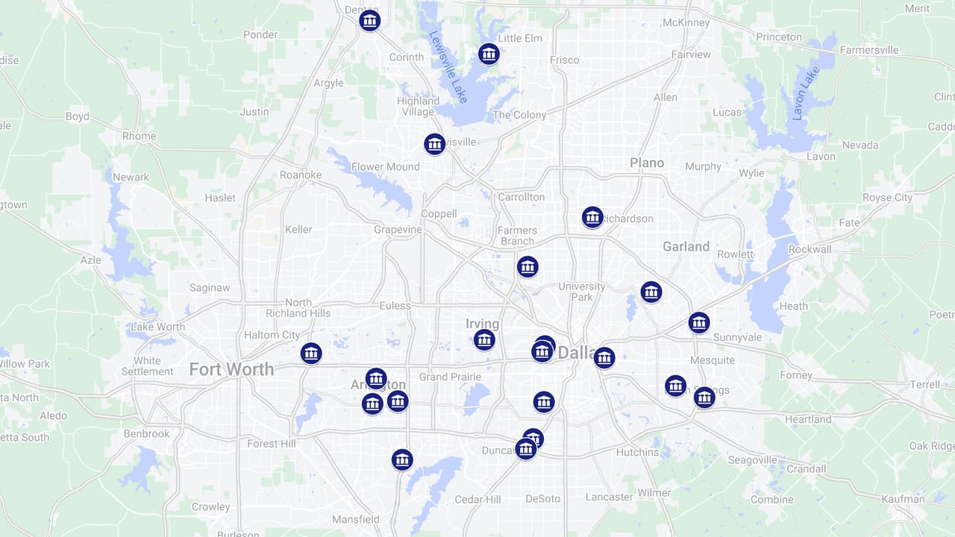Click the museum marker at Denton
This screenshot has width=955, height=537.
click(369, 20)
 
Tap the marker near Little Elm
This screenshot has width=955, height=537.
click(489, 54)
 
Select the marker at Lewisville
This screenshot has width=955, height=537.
click(435, 144)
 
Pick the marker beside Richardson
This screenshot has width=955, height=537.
click(592, 217)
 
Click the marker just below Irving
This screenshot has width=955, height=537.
click(484, 340)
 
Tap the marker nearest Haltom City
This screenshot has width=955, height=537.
click(311, 353)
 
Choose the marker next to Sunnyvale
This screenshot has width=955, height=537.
click(698, 322)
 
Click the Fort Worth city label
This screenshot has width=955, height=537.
click(231, 369)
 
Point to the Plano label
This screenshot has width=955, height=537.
click(647, 163)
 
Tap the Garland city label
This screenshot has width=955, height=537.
click(686, 246)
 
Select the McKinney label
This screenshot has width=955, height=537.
click(686, 22)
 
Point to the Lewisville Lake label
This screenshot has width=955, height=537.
click(448, 67)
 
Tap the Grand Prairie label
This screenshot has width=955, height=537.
click(450, 377)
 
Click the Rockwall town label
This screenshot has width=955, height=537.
click(810, 249)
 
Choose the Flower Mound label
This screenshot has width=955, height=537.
click(385, 167)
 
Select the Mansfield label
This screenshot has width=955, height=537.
click(355, 519)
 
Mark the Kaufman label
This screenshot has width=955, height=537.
click(902, 499)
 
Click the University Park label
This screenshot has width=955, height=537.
click(582, 292)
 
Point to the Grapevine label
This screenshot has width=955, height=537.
click(398, 230)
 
